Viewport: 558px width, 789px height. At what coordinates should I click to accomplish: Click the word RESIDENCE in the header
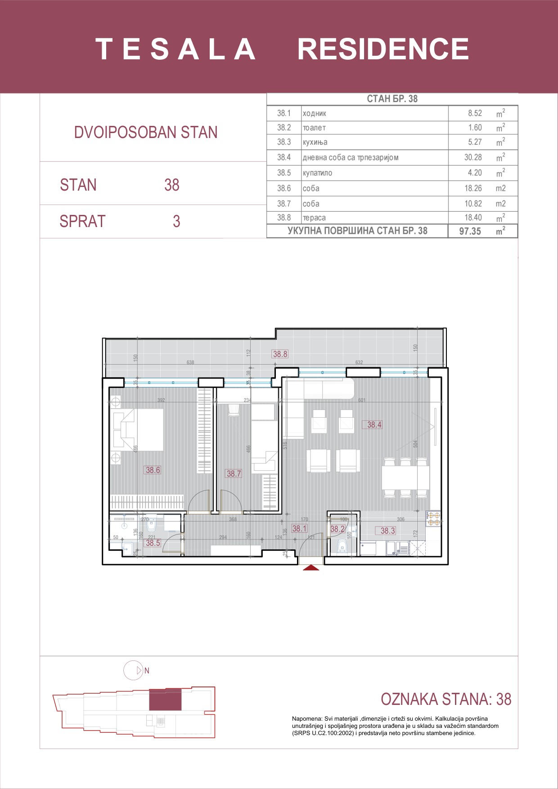coord(383,49)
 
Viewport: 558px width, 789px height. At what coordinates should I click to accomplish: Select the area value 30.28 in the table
coord(473,157)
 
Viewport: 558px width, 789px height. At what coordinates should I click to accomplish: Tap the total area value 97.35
coord(470,231)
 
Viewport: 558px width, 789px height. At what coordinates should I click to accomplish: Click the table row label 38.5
coord(284,173)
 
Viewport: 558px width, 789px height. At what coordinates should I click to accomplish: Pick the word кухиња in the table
coord(315,142)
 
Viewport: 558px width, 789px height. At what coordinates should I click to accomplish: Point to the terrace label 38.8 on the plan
coord(280,354)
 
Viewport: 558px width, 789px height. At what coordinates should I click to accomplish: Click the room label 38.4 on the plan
coord(374,424)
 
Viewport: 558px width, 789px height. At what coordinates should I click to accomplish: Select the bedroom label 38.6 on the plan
coord(153,470)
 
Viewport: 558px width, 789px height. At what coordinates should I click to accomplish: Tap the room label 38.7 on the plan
coord(234,473)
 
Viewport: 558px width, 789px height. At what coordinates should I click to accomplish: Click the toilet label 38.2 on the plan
coord(337,529)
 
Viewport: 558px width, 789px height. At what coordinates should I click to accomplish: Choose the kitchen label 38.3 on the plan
coord(387,530)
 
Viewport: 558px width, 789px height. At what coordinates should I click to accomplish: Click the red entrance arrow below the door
coord(311,568)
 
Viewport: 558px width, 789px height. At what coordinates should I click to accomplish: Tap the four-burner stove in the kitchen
coord(434,519)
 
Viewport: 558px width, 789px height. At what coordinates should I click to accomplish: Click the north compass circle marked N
coord(133,670)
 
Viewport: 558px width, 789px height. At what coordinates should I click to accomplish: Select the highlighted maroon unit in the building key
coord(165,699)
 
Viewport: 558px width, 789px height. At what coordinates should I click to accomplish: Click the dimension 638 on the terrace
coord(190,362)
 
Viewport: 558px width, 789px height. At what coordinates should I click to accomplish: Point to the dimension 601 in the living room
coord(362,400)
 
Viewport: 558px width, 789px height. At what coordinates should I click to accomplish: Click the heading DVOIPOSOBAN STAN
coord(146,133)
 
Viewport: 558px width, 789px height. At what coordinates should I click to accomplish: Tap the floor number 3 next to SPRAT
coord(176,221)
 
